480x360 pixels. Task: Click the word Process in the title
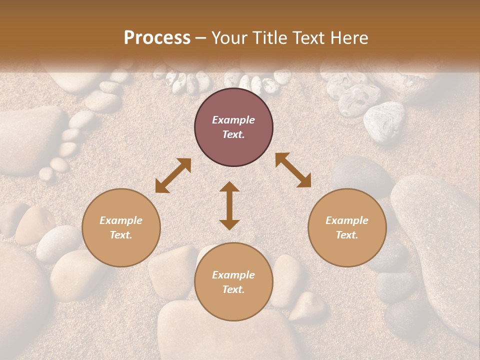pyautogui.click(x=157, y=38)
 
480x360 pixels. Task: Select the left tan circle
pyautogui.click(x=121, y=227)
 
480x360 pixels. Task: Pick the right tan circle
pyautogui.click(x=347, y=227)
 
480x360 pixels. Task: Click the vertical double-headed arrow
pyautogui.click(x=229, y=205)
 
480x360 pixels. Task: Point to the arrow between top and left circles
pyautogui.click(x=173, y=175)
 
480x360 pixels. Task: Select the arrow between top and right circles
pyautogui.click(x=293, y=170)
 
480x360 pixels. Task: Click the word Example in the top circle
pyautogui.click(x=233, y=120)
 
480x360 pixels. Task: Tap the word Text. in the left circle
pyautogui.click(x=121, y=235)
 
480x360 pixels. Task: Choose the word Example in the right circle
pyautogui.click(x=347, y=220)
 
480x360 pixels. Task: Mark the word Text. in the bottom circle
pyautogui.click(x=233, y=289)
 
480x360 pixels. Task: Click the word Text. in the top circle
pyautogui.click(x=233, y=134)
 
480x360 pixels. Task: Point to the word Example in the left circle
pyautogui.click(x=121, y=220)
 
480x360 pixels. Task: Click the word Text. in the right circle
pyautogui.click(x=347, y=235)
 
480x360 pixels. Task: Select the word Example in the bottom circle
pyautogui.click(x=233, y=275)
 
